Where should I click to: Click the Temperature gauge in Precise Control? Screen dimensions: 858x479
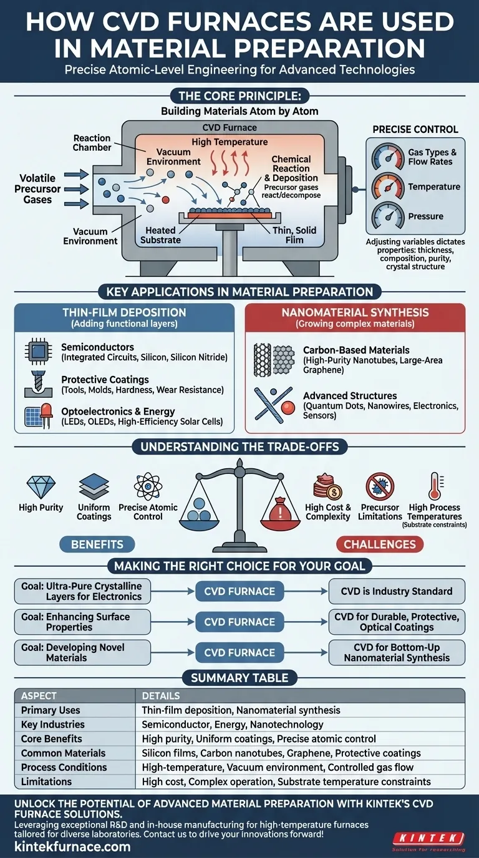(388, 186)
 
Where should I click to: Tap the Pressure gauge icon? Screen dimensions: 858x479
(388, 216)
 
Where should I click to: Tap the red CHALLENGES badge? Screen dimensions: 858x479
(380, 544)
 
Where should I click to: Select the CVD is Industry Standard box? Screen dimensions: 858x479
(397, 591)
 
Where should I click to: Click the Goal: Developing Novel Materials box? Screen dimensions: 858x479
(82, 652)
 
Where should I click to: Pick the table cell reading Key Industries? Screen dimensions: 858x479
(53, 725)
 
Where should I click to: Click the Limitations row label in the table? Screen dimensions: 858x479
(46, 781)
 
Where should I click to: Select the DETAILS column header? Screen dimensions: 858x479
(161, 695)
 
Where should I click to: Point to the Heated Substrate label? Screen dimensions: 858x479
(160, 235)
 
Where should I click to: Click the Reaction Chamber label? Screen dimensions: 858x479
(92, 143)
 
